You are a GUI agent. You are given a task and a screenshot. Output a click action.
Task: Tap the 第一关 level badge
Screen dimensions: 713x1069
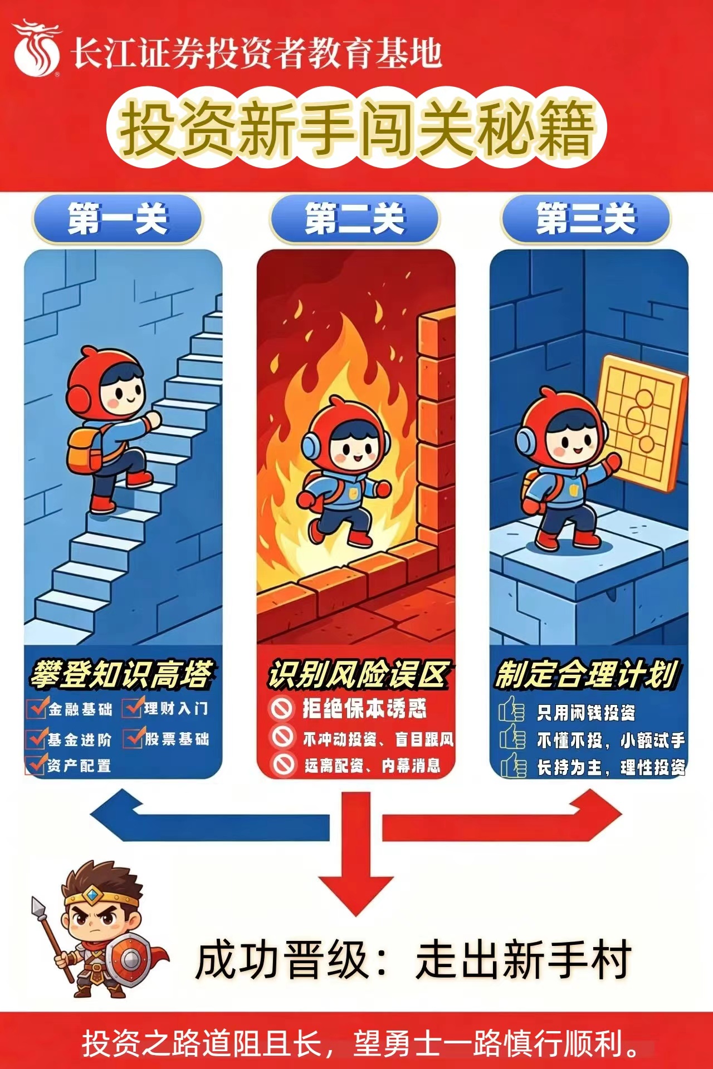[118, 219]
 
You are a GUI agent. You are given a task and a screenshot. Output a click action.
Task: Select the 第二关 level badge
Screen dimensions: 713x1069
[355, 219]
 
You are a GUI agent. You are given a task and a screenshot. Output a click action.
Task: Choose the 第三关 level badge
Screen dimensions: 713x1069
[586, 219]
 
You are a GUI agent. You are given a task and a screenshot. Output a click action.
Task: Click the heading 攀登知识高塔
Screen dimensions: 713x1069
[122, 674]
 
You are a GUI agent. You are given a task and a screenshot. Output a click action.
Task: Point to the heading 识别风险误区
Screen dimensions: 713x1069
[358, 674]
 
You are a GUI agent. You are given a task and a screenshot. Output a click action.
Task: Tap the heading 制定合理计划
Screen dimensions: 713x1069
[587, 674]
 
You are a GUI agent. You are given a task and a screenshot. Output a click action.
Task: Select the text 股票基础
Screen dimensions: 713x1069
[177, 739]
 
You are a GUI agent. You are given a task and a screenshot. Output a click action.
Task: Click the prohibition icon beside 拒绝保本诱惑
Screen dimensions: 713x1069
[282, 708]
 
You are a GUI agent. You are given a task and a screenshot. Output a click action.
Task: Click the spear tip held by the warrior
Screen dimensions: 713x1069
[38, 906]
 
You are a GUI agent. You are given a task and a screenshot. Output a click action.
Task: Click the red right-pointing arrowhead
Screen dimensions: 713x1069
[596, 816]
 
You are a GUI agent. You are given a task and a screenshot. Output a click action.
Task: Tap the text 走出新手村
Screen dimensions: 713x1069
[524, 959]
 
